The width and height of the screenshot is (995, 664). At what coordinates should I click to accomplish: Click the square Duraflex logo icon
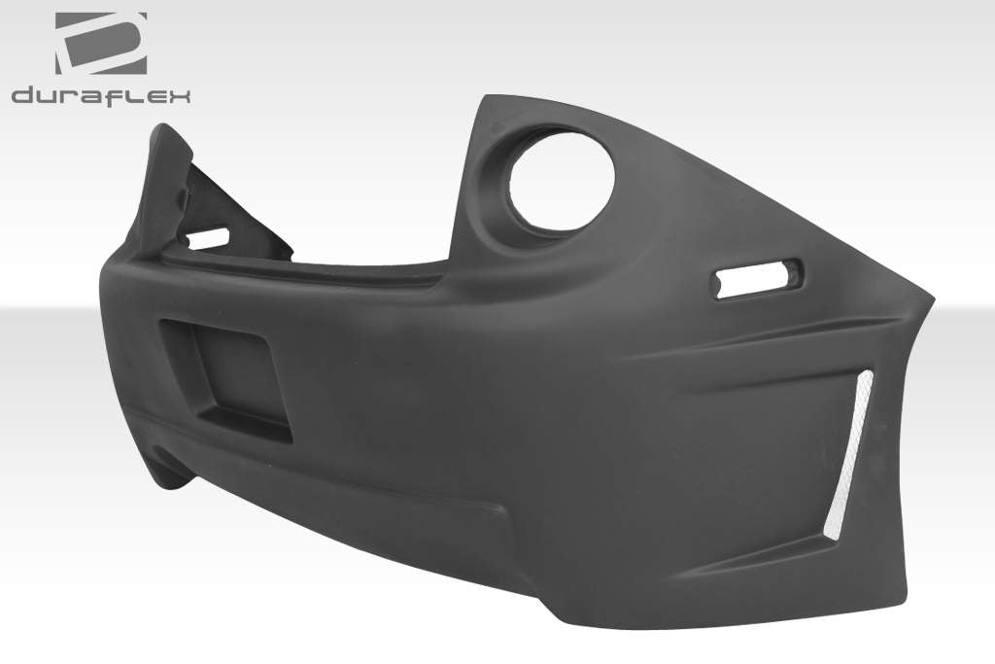[101, 44]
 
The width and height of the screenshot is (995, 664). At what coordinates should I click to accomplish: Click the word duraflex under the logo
[101, 94]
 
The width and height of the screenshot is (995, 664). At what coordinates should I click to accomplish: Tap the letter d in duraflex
[24, 95]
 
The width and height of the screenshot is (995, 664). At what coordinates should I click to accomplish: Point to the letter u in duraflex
[50, 95]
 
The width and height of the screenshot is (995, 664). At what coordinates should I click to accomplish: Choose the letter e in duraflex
[155, 95]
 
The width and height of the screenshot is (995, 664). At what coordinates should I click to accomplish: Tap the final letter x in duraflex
[181, 95]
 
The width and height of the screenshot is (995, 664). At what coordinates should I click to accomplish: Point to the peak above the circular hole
[486, 99]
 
